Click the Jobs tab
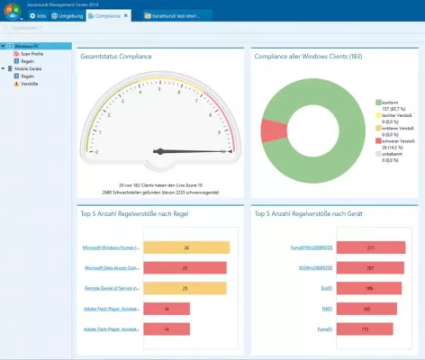(39, 16)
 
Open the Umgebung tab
(68, 16)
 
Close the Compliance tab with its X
(126, 16)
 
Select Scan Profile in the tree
(32, 53)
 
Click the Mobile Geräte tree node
(30, 68)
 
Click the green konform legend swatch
(376, 103)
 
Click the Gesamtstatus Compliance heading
(115, 57)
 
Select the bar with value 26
(185, 247)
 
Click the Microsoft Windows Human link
(109, 247)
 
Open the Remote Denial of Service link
(109, 288)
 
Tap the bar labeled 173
(359, 329)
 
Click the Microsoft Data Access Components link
(109, 267)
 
